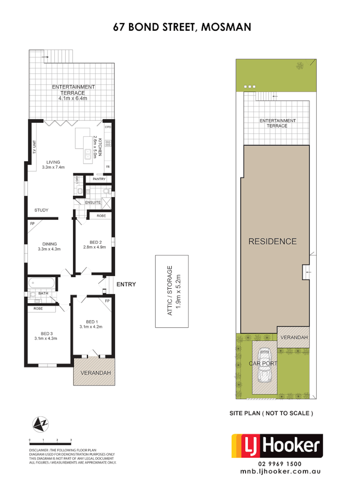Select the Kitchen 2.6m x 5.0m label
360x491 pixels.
click(x=95, y=147)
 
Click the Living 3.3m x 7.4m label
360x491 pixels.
click(x=53, y=165)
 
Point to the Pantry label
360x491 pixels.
click(x=99, y=179)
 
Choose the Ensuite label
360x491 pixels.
click(x=93, y=202)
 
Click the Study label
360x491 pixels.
click(x=41, y=210)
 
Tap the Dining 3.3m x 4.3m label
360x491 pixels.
click(x=50, y=246)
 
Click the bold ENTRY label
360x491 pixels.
click(x=126, y=284)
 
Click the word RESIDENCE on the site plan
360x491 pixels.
click(x=272, y=241)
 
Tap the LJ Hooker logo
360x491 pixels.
click(x=277, y=447)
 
